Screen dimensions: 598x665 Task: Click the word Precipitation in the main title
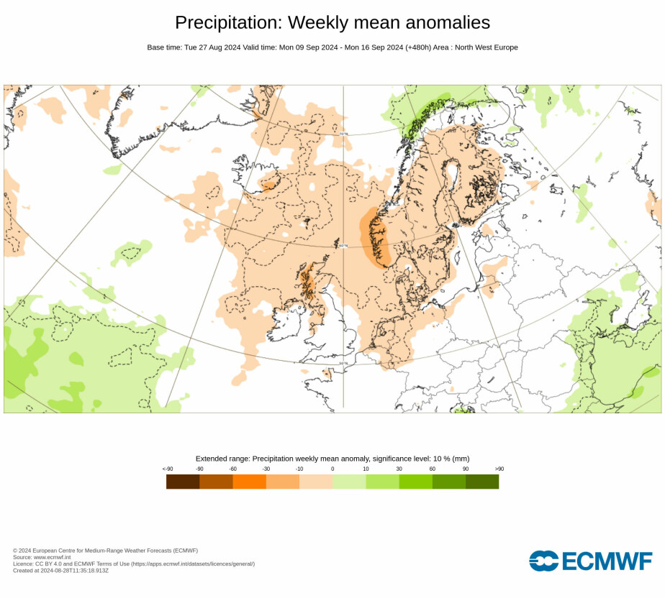[x=227, y=22]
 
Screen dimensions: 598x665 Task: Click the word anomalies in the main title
[x=444, y=22]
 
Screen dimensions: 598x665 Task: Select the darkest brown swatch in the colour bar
[x=183, y=482]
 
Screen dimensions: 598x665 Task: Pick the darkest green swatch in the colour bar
[x=482, y=482]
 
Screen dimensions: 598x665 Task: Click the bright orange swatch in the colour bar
[x=249, y=482]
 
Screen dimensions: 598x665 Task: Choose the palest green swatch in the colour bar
[x=349, y=482]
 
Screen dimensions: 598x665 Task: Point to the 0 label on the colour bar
[x=332, y=469]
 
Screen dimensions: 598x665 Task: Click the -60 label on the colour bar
[x=232, y=469]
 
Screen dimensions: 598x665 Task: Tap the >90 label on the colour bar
[x=499, y=469]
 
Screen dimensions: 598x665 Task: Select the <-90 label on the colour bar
[x=168, y=469]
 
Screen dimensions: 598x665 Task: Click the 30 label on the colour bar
[x=399, y=469]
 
